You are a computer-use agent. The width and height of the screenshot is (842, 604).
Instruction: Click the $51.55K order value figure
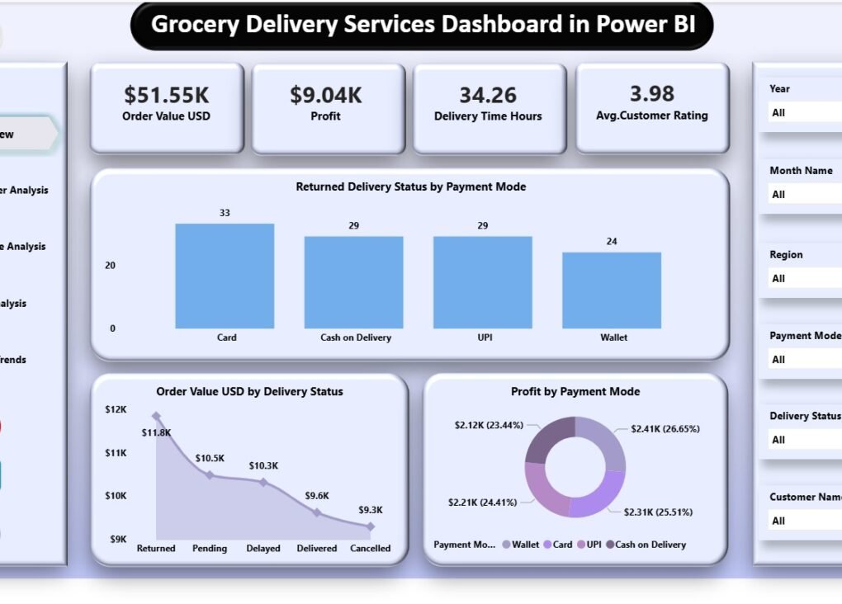(166, 95)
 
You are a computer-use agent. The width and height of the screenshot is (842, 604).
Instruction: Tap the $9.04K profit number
(325, 95)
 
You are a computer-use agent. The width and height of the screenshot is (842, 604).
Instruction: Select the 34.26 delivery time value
(488, 95)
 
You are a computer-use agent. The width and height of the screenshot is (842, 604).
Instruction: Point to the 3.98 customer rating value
(651, 93)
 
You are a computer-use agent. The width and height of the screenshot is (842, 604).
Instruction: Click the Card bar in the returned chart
(225, 276)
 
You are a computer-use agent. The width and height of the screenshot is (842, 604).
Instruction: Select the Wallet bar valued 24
(612, 290)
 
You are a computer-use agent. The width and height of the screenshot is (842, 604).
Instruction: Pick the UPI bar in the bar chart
(483, 283)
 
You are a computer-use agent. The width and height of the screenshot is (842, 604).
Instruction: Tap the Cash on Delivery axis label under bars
(356, 337)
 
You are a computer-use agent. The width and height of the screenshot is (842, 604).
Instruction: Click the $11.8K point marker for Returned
(156, 417)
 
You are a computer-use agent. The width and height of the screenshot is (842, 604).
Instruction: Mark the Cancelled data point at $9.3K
(370, 526)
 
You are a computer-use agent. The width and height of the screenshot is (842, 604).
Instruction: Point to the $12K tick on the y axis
(116, 409)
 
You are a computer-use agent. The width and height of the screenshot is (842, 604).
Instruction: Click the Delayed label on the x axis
(263, 548)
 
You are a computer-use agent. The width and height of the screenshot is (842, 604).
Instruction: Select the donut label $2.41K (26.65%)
(665, 429)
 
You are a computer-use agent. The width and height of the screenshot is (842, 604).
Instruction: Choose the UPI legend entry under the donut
(589, 545)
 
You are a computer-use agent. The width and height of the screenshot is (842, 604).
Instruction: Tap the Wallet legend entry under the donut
(520, 545)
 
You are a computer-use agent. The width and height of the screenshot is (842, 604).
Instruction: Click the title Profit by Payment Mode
(575, 392)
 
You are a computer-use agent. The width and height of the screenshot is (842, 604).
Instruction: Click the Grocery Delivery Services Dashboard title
(422, 25)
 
